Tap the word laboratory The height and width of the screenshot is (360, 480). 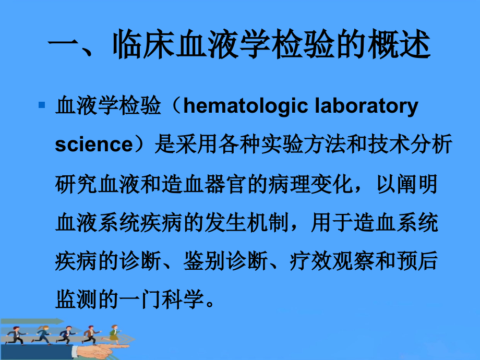pos(367,106)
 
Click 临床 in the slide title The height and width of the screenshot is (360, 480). pos(143,47)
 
